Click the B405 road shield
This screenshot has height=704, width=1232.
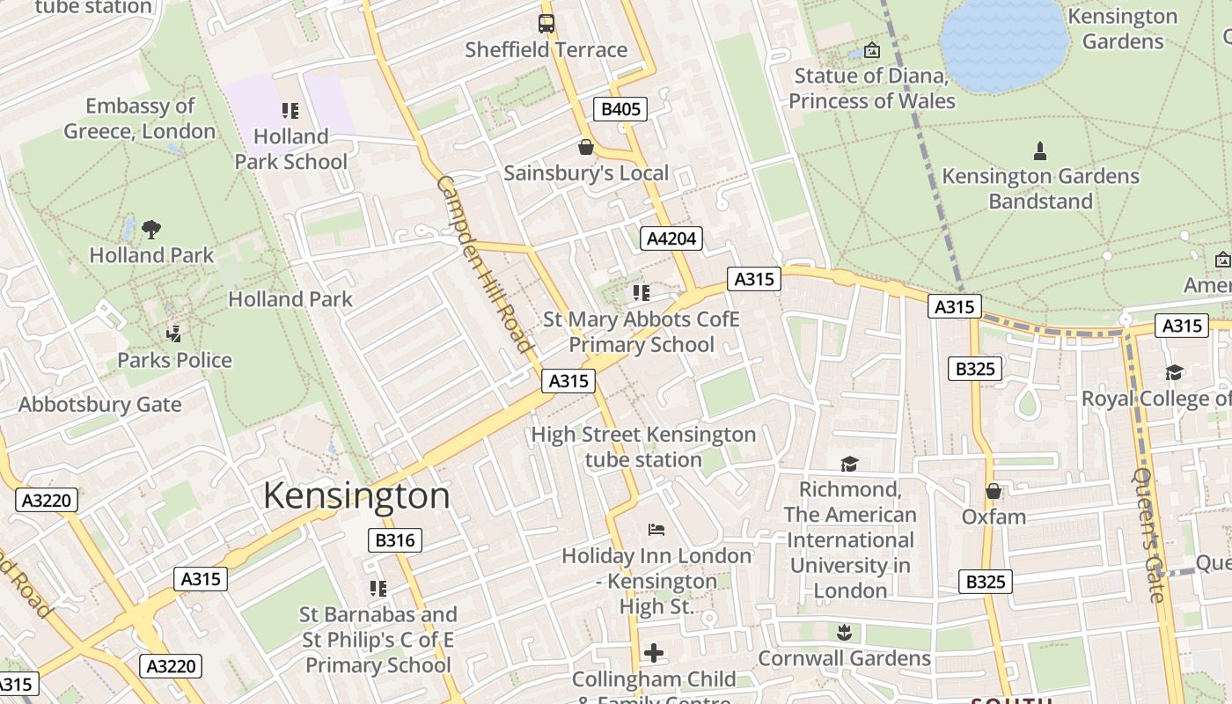[x=620, y=109]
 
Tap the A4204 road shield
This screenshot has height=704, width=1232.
[x=671, y=238]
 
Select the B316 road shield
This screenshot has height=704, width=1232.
[x=394, y=540]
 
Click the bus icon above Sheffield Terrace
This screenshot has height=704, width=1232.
[x=546, y=24]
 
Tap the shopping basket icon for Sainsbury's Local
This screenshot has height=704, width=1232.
[x=586, y=147]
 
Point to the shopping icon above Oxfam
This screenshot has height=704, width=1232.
[x=994, y=491]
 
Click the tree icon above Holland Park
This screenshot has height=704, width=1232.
[x=151, y=230]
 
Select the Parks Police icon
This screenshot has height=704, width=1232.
[x=174, y=334]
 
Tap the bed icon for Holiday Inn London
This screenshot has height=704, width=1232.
[x=656, y=530]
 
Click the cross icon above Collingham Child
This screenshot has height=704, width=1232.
[x=653, y=653]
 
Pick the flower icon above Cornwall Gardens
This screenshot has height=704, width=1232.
[x=844, y=632]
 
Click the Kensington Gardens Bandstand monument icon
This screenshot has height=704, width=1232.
[x=1040, y=150]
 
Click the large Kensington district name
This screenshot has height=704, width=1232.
[x=356, y=496]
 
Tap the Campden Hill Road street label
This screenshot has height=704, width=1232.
[x=485, y=264]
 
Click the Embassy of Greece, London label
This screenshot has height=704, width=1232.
[x=140, y=119]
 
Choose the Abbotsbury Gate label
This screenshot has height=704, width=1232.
[x=100, y=405]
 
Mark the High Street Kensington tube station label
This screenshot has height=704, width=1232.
[x=643, y=447]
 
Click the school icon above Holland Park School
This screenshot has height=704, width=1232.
[x=290, y=111]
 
